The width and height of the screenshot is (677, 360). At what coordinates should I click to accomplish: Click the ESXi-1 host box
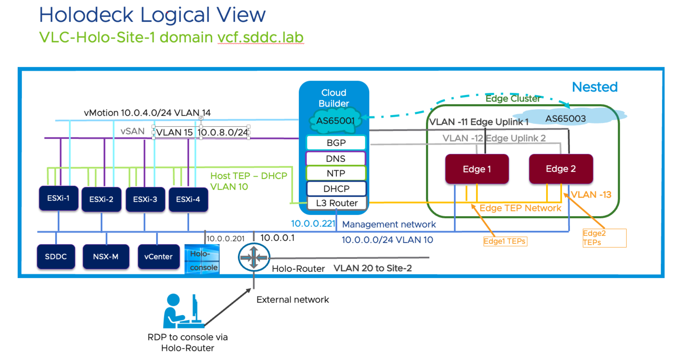59,198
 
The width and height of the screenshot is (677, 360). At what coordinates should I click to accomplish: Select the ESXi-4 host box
188,199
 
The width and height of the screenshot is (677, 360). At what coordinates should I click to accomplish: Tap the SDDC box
56,257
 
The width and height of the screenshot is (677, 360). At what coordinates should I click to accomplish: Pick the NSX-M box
106,257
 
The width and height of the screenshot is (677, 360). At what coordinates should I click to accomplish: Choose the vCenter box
159,257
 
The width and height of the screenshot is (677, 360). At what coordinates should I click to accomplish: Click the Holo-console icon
202,259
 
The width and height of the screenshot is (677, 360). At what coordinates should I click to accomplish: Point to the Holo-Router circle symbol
254,257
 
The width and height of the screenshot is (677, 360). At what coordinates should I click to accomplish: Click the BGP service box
336,143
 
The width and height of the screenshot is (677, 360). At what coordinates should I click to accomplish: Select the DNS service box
336,158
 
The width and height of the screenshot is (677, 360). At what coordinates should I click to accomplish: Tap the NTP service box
336,173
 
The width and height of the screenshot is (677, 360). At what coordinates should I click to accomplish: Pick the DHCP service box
336,189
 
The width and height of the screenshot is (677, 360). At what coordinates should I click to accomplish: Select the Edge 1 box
477,169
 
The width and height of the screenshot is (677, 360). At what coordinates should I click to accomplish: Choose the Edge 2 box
561,169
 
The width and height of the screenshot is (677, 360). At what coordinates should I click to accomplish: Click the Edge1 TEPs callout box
505,241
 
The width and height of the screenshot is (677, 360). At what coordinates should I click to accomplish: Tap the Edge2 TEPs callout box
604,238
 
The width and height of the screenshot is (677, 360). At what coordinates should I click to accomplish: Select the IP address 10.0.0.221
313,224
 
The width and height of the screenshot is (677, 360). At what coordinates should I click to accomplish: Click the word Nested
595,87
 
